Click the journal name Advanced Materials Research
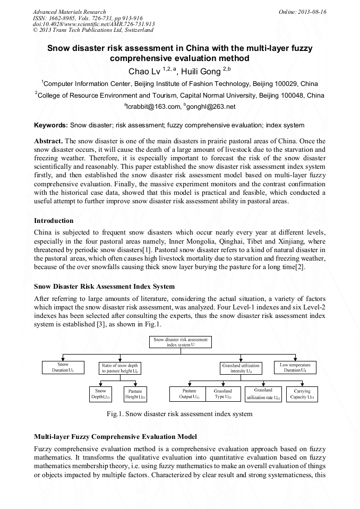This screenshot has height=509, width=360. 70,12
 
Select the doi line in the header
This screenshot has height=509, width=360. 94,24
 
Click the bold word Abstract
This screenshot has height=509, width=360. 48,142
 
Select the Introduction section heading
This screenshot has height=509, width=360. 54,220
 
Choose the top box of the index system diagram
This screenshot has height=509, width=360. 181,342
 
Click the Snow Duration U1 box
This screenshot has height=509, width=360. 63,367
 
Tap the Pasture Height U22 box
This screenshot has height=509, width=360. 135,394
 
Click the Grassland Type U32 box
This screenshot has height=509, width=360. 223,394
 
